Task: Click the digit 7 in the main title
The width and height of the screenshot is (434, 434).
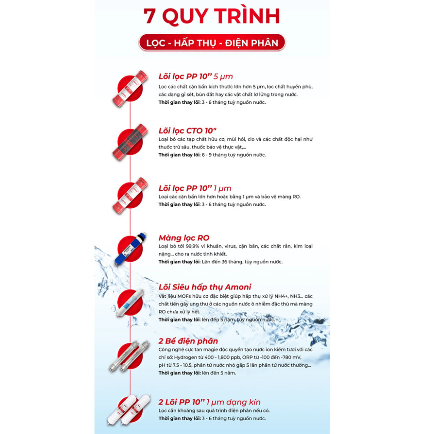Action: (149, 16)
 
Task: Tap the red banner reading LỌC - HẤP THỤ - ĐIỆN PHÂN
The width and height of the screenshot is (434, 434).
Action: (212, 43)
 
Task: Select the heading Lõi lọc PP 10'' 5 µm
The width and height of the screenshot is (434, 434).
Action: (196, 77)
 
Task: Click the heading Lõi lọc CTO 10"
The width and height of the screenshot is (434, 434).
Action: (187, 131)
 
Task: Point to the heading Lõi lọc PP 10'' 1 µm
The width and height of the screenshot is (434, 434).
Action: (195, 188)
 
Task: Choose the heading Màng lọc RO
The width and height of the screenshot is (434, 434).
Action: (184, 238)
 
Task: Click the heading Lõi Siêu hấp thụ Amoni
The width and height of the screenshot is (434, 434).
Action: (205, 287)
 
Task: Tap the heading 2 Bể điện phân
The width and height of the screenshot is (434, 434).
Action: (188, 341)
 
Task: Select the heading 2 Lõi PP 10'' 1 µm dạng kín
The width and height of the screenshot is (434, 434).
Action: (210, 402)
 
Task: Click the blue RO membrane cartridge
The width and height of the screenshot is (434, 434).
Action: (130, 249)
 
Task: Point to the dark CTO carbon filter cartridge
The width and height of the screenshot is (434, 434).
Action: (130, 142)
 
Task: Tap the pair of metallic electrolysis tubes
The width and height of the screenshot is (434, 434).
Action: (129, 356)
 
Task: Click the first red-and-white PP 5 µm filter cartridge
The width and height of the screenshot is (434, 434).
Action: (130, 89)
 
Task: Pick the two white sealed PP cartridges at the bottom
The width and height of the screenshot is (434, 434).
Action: (129, 410)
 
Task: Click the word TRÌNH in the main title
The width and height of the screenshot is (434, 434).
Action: (247, 16)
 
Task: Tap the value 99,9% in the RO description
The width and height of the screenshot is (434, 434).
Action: (192, 247)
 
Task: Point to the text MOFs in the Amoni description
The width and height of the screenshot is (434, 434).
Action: (184, 296)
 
